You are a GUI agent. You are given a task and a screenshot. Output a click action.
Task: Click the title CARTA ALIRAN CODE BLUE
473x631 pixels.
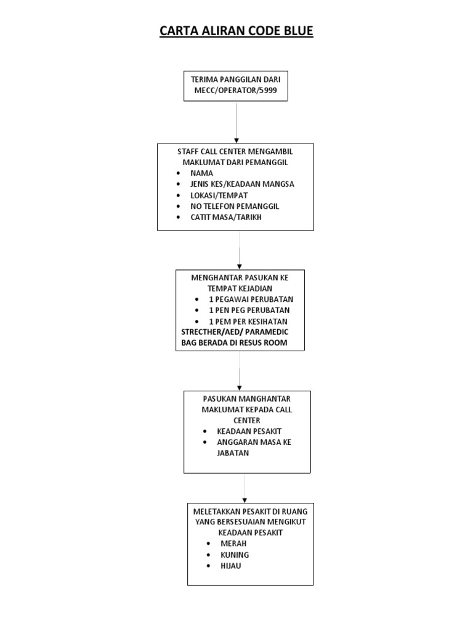236,31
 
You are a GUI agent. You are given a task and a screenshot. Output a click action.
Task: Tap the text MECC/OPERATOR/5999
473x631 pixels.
236,91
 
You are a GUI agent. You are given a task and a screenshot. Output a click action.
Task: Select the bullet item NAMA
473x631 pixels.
201,173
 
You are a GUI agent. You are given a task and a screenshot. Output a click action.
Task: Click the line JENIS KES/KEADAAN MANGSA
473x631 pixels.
242,184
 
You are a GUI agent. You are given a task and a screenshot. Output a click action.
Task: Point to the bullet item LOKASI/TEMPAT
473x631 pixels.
219,195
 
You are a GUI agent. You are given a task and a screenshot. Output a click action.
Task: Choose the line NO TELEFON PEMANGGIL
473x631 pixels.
231,206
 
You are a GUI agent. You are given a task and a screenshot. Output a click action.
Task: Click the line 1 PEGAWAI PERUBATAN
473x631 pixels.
251,299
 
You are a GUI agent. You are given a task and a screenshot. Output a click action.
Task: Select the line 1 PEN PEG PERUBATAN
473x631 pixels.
249,310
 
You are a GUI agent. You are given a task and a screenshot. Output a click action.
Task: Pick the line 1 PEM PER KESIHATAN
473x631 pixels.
248,322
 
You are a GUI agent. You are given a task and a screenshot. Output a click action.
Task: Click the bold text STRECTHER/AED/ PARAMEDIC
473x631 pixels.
239,332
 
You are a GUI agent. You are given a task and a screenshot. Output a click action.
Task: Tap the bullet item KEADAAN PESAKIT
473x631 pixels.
249,431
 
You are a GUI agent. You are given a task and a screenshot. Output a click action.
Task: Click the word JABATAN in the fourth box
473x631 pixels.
233,453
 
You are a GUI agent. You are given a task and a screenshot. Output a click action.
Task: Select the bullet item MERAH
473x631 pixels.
233,543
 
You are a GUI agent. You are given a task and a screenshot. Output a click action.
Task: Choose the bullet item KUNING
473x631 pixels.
234,555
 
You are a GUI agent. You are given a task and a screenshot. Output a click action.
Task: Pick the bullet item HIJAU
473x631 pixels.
230,566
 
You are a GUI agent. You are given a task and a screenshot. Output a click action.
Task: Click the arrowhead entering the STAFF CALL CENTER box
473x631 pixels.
236,140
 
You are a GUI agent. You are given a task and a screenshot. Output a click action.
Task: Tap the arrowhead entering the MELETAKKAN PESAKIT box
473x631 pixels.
245,500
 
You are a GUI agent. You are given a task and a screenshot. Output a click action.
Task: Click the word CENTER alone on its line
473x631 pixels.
246,420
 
